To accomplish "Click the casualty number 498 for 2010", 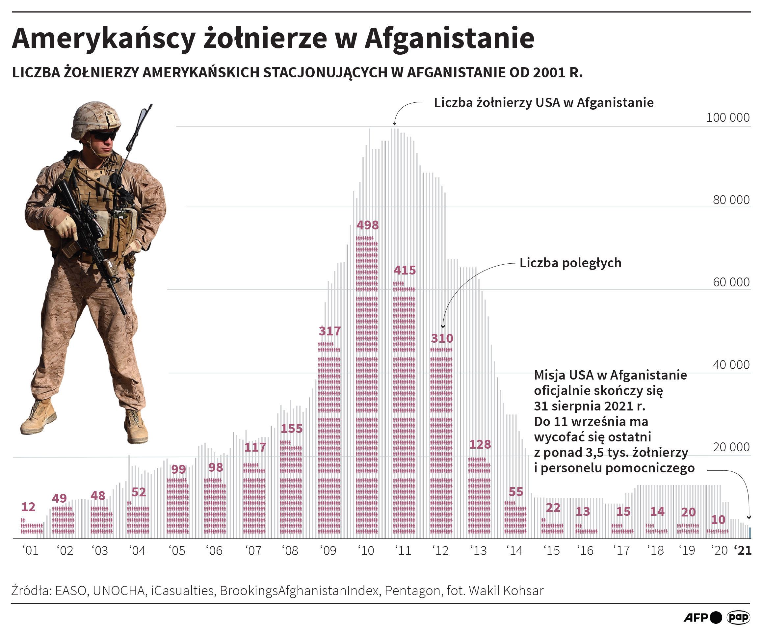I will point(367,225).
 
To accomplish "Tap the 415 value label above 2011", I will point(405,270).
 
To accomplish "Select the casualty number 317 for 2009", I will point(329,331).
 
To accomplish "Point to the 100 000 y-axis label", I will point(727,118).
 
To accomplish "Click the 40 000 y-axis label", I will point(731,364).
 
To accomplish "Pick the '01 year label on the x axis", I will point(31,550).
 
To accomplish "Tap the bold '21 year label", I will point(743,550).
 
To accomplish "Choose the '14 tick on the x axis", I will point(514,550).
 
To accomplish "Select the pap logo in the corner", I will point(738,617).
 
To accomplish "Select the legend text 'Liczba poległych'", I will point(570,263).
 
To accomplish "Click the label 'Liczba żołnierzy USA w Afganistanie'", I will point(543,102).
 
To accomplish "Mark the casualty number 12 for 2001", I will point(28,507).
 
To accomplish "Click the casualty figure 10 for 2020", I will point(718,520).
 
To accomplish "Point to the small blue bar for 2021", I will point(750,533).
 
